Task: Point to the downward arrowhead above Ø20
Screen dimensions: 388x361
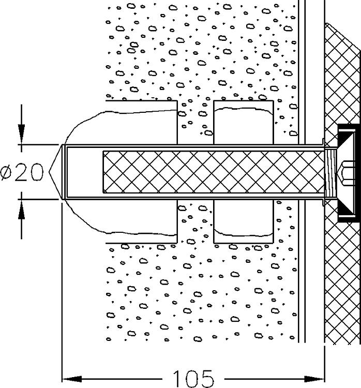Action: pos(21,135)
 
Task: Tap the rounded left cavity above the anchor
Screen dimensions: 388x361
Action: pos(124,124)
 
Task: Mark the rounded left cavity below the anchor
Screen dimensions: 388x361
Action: pos(124,220)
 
